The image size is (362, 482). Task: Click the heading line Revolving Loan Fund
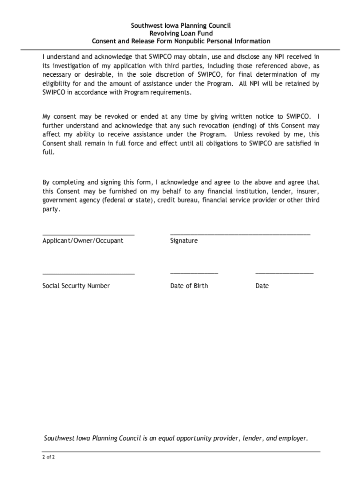[181, 33]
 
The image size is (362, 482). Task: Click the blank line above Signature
[240, 233]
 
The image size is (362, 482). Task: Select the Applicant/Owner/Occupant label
[83, 241]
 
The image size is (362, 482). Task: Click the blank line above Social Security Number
[88, 273]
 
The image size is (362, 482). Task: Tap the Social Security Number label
[76, 286]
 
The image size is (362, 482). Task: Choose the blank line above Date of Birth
[194, 273]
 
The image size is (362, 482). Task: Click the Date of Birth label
[189, 286]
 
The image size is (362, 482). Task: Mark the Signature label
[184, 241]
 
